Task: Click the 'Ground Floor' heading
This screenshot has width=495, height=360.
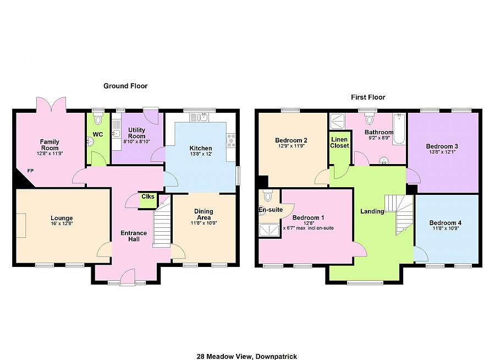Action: pyautogui.click(x=125, y=86)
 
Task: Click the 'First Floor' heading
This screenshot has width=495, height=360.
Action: pyautogui.click(x=368, y=97)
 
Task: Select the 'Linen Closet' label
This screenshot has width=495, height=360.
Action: pyautogui.click(x=339, y=143)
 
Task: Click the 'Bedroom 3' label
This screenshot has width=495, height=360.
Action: pyautogui.click(x=442, y=146)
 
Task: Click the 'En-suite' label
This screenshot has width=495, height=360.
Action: pyautogui.click(x=271, y=210)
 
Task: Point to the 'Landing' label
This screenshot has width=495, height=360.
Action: pyautogui.click(x=372, y=211)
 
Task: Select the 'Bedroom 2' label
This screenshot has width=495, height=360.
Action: pyautogui.click(x=291, y=140)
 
